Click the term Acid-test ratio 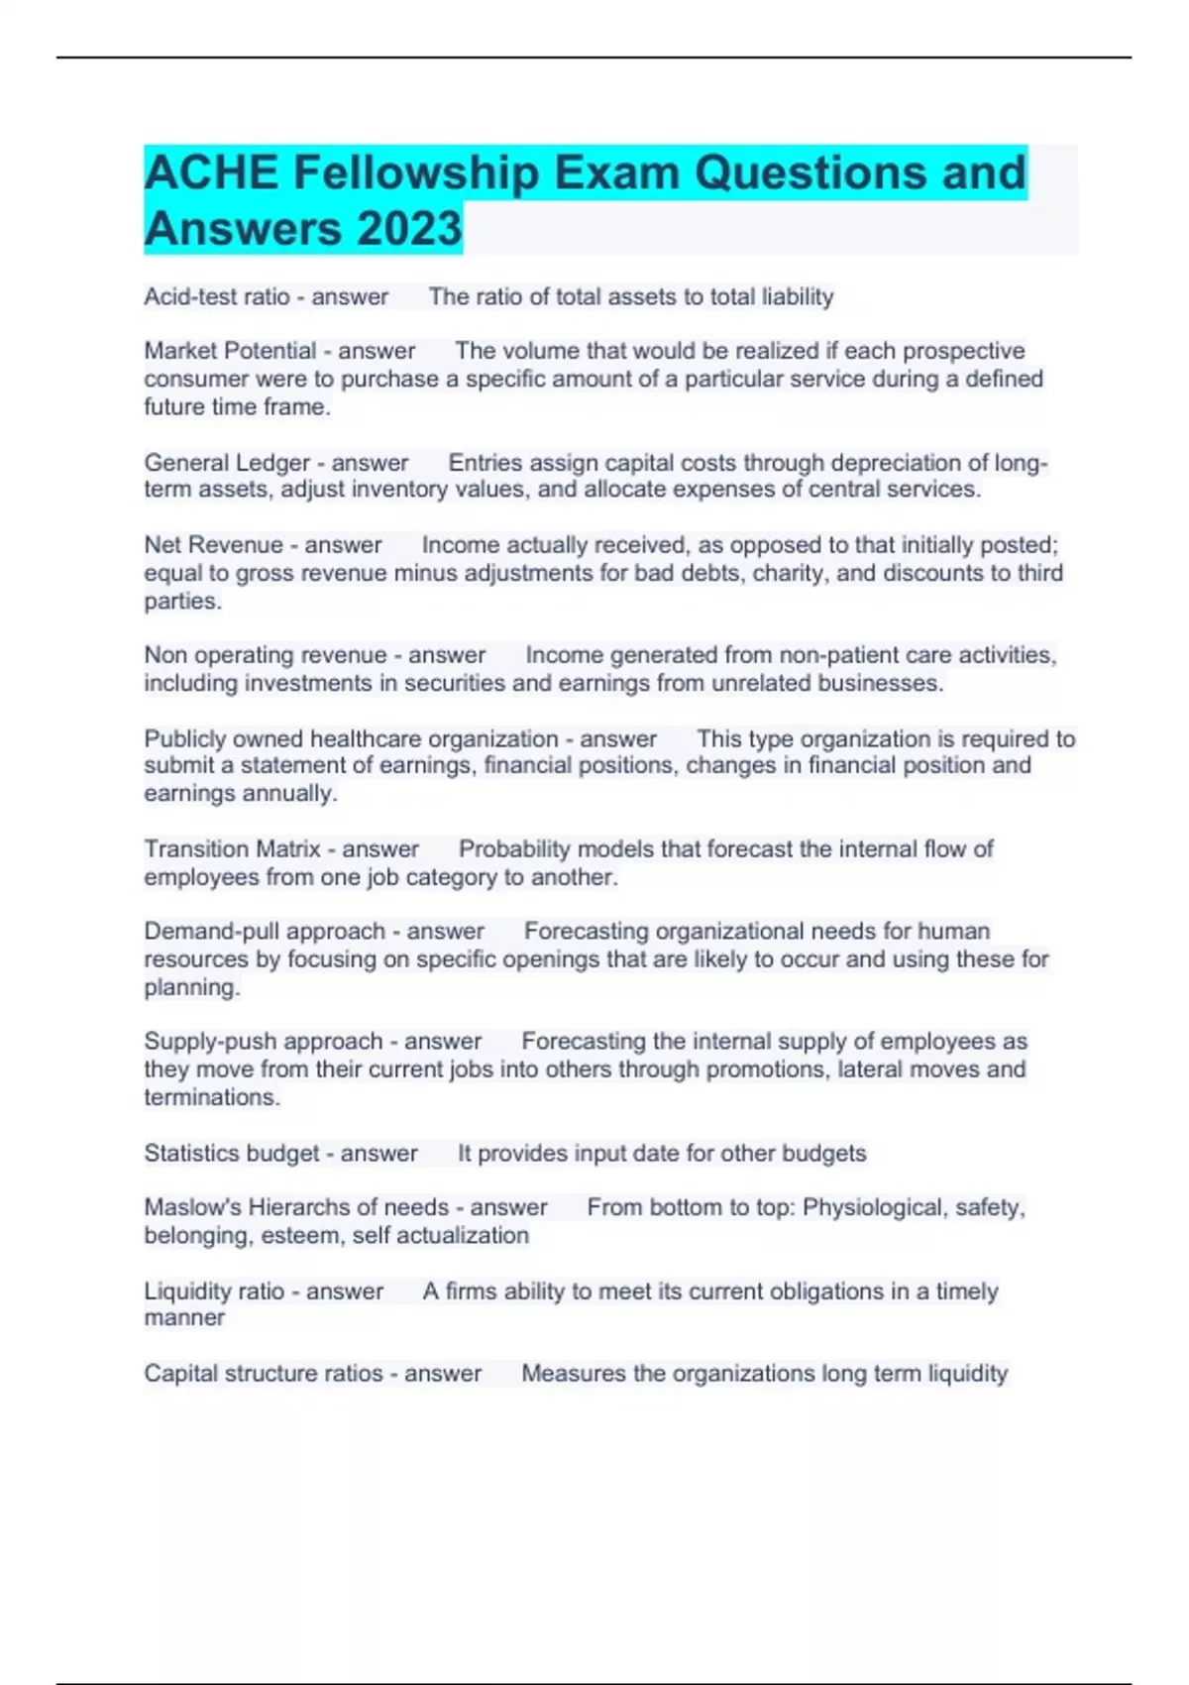click(217, 296)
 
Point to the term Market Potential click(230, 351)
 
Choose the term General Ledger click(227, 463)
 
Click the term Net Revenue click(213, 545)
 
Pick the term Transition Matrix click(232, 849)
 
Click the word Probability click(514, 849)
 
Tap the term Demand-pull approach click(264, 932)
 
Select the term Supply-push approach click(263, 1042)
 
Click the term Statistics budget click(231, 1154)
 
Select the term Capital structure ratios click(263, 1374)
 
